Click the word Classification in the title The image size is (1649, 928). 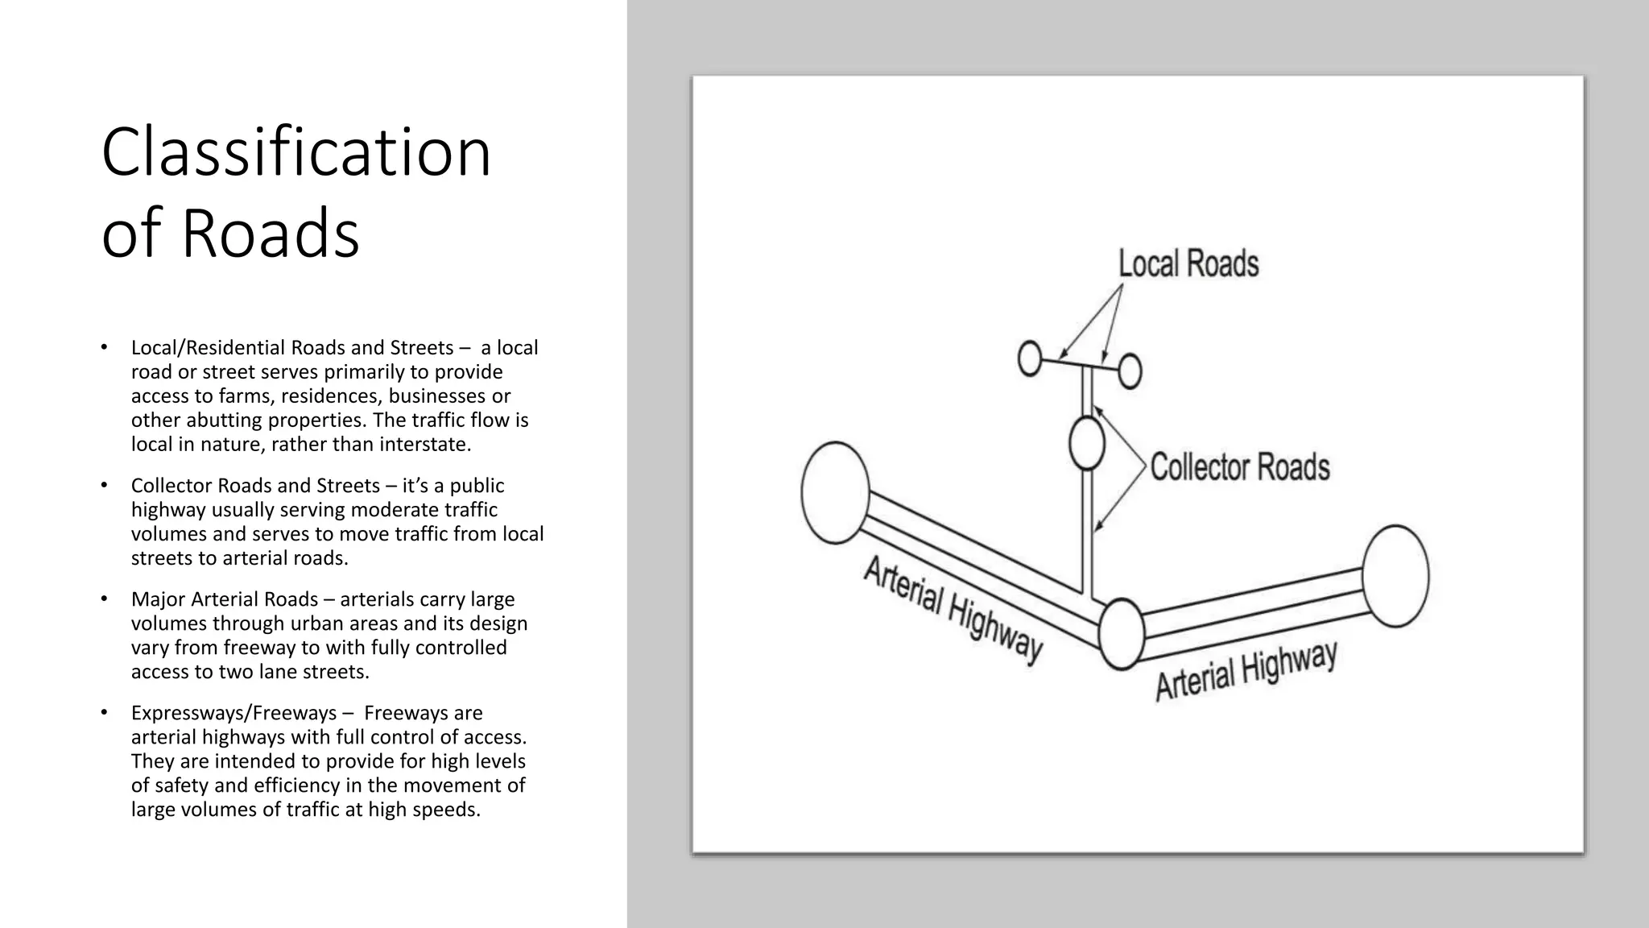click(295, 152)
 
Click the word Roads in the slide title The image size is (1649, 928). click(270, 233)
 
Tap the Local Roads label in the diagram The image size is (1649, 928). click(1188, 264)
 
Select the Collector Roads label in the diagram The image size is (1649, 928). click(1239, 467)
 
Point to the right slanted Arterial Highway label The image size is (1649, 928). click(1246, 671)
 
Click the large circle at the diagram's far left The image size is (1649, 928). click(835, 493)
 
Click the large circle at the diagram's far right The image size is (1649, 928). click(1396, 576)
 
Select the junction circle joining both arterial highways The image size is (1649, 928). click(1121, 634)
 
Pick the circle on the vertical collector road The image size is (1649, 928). click(1086, 443)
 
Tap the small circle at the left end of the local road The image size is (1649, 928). click(1030, 358)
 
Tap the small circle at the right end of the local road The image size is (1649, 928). click(1130, 371)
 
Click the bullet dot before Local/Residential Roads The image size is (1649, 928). click(104, 347)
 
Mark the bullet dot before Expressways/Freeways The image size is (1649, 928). click(104, 713)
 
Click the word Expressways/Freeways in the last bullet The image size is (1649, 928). click(234, 713)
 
